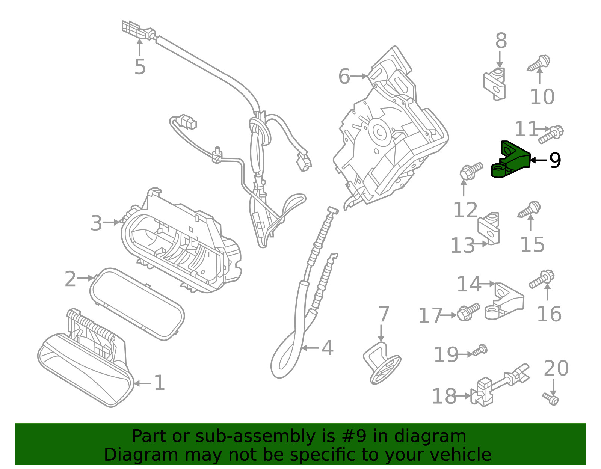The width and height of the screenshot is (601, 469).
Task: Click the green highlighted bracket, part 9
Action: tap(510, 161)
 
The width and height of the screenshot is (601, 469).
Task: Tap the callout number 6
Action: tap(344, 77)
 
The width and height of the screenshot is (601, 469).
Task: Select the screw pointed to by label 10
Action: tap(539, 63)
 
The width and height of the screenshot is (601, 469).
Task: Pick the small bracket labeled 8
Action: tap(495, 84)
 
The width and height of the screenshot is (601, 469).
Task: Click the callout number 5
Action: tap(140, 67)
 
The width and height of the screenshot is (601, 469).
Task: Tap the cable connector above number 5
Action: tap(139, 30)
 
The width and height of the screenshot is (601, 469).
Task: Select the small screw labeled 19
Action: tap(480, 350)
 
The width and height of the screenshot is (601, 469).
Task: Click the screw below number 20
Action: tap(551, 399)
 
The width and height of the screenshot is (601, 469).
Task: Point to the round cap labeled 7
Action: tap(382, 363)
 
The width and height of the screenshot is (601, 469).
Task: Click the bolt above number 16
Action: tap(542, 279)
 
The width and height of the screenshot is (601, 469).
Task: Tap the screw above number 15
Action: tap(529, 209)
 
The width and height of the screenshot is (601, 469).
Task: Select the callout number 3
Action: tap(96, 223)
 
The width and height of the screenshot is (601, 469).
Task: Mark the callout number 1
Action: tap(159, 383)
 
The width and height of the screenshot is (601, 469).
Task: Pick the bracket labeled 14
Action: tap(504, 301)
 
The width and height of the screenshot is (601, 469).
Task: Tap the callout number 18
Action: tap(444, 396)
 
